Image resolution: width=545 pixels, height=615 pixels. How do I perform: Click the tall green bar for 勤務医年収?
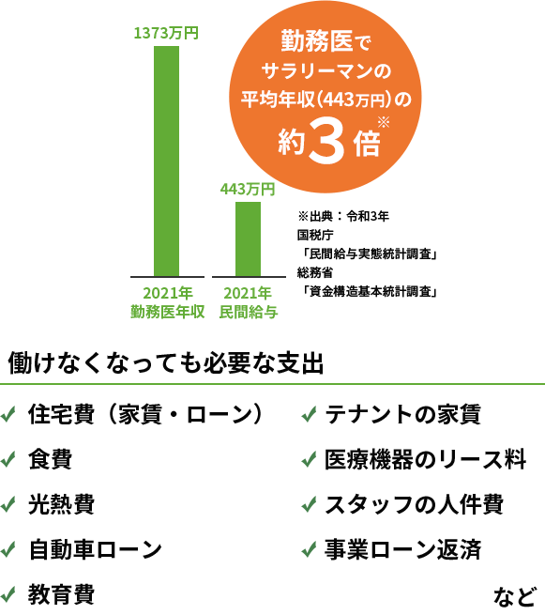166,161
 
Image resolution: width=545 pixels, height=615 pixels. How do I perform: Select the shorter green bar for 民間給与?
248,239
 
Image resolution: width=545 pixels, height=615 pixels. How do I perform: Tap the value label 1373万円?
166,33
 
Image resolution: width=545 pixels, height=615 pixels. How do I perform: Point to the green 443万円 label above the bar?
248,190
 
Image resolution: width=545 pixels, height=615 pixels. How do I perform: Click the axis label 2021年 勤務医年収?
168,302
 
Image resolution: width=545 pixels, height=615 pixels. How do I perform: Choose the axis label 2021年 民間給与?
249,302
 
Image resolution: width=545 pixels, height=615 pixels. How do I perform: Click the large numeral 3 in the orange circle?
326,142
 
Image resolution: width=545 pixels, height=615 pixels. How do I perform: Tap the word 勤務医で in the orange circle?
325,41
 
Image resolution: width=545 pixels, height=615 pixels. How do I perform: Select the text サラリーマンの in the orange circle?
325,71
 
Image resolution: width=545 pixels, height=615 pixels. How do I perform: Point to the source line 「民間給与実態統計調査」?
369,254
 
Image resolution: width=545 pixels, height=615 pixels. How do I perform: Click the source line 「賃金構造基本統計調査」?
369,291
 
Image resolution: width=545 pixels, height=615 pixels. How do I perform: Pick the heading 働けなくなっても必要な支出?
166,362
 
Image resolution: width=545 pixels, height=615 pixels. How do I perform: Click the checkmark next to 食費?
8,459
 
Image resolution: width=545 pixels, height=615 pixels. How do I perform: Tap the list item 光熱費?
61,504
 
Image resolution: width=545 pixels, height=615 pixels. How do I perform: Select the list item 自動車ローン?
95,549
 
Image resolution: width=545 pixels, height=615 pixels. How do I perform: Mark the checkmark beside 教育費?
8,594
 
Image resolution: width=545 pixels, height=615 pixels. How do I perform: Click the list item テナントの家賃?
402,414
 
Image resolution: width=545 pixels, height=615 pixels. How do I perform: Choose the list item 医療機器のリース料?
426,459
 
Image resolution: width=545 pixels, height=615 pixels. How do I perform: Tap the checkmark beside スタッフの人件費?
309,504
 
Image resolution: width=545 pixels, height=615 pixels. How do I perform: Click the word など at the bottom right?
514,597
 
